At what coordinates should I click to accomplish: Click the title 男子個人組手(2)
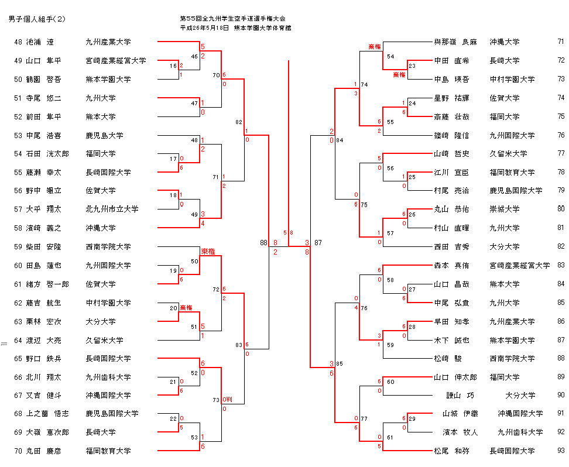[x=37, y=19]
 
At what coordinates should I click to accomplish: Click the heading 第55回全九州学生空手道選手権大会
[x=234, y=19]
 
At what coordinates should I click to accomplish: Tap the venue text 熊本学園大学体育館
[x=262, y=28]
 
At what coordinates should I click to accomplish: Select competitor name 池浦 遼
[x=40, y=42]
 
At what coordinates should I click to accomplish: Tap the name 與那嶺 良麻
[x=455, y=42]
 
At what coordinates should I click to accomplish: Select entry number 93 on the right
[x=561, y=451]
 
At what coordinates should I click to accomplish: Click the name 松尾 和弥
[x=451, y=451]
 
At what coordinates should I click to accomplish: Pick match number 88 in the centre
[x=263, y=242]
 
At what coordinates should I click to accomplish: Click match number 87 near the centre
[x=318, y=242]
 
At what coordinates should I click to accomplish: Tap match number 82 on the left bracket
[x=238, y=122]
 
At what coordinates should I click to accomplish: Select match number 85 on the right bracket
[x=340, y=364]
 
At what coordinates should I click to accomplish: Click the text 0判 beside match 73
[x=228, y=400]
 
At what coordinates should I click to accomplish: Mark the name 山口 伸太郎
[x=455, y=377]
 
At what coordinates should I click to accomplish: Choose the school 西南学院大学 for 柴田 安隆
[x=108, y=247]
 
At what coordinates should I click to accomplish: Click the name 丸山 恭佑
[x=451, y=209]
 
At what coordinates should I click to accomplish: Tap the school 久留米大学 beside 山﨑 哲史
[x=508, y=154]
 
